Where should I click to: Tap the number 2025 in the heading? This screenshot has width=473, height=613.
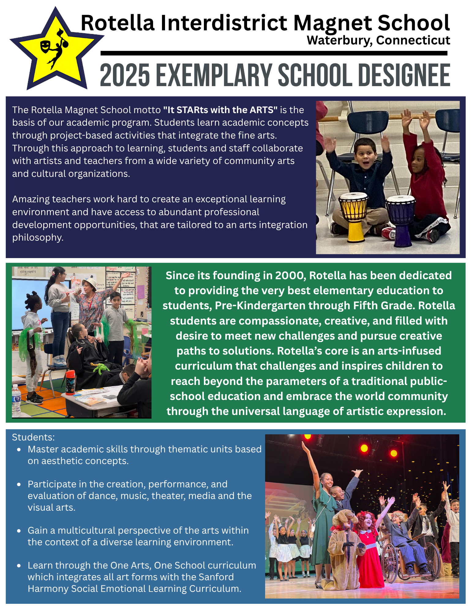tap(125, 75)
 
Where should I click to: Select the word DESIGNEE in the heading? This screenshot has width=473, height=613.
tap(404, 75)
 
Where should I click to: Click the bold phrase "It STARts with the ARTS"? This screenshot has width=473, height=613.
tap(220, 110)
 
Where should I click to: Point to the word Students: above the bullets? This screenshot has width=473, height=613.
tap(33, 437)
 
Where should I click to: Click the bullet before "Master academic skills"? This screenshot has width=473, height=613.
tap(19, 450)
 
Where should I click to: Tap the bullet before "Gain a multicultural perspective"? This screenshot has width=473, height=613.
tap(19, 531)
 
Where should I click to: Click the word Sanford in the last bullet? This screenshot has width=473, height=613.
tap(216, 577)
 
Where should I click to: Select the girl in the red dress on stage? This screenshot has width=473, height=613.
tap(368, 549)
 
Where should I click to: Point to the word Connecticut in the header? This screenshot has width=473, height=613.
tap(413, 40)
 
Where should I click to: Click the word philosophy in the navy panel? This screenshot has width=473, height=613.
tap(37, 238)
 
